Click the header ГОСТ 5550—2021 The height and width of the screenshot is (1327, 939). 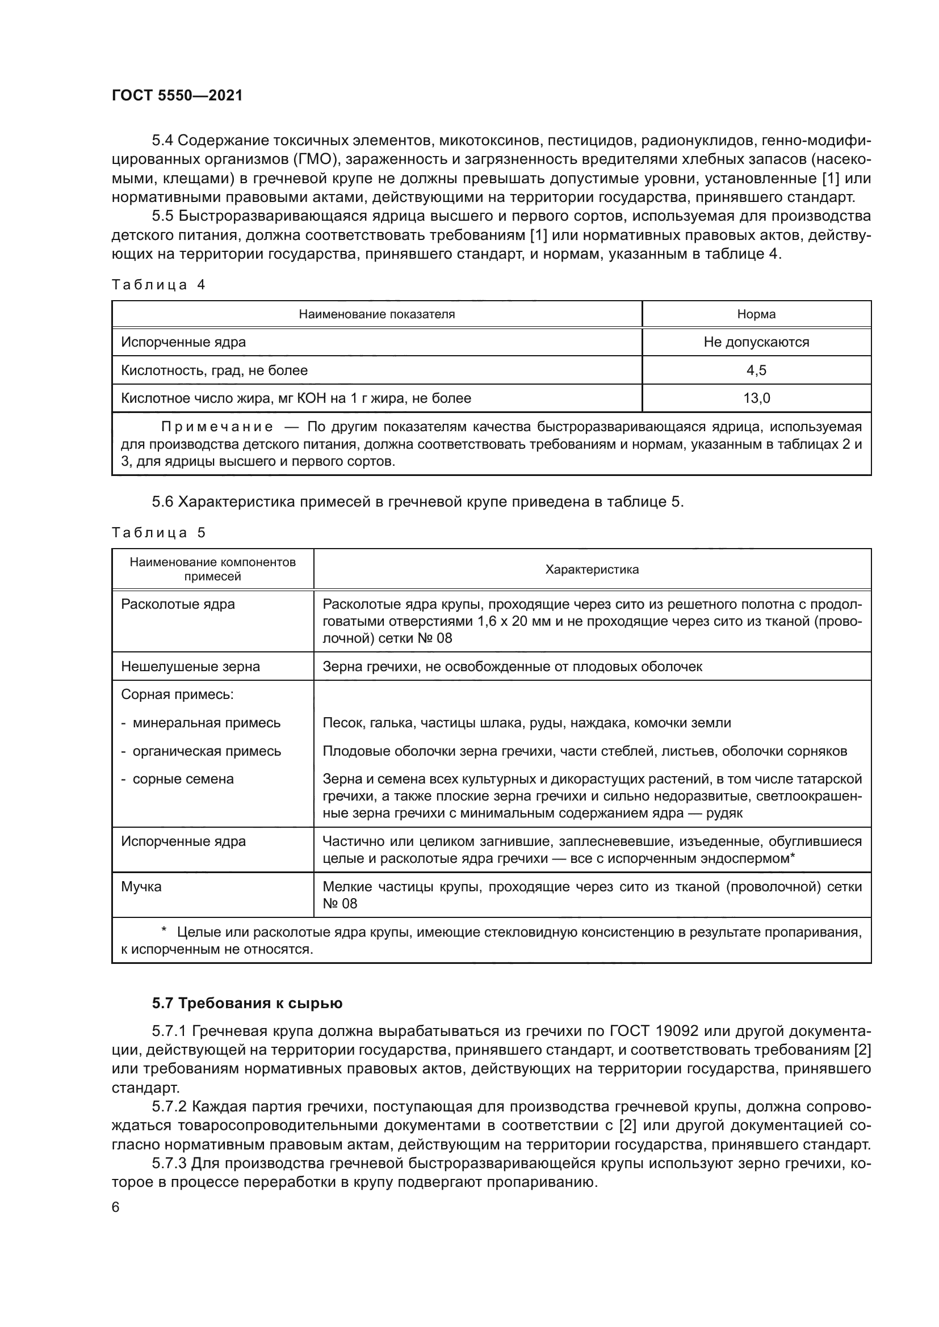(177, 95)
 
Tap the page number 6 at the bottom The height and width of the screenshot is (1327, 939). (116, 1207)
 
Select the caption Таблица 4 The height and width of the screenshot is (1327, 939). (158, 285)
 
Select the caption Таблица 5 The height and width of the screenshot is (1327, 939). (158, 532)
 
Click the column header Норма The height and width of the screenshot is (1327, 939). (756, 314)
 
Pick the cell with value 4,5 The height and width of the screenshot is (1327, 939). (756, 370)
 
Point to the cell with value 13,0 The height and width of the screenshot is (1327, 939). (756, 398)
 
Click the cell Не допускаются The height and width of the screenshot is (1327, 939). (756, 342)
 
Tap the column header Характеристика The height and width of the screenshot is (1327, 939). (592, 570)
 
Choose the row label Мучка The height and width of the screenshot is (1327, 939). (141, 887)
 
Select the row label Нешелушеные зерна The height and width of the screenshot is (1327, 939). (190, 667)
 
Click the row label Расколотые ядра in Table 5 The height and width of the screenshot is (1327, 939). (178, 605)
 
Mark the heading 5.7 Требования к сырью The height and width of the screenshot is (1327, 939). (247, 1004)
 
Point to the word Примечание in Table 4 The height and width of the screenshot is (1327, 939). (217, 427)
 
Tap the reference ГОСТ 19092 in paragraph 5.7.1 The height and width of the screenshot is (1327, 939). (653, 1031)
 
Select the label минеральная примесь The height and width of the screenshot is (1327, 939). (207, 723)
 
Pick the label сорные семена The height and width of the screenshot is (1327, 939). (183, 779)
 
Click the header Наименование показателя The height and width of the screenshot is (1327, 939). (376, 314)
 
